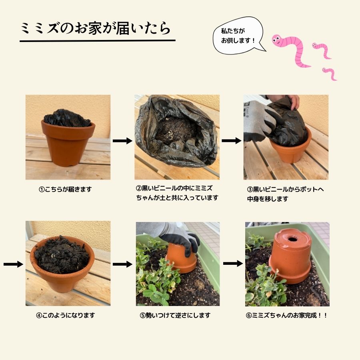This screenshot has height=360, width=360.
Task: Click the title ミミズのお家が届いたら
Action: click(x=96, y=29)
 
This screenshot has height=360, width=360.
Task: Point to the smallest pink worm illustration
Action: click(x=330, y=74)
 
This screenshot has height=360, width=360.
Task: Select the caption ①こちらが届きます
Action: click(x=65, y=189)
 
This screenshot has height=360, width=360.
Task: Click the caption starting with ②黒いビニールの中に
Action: click(x=176, y=193)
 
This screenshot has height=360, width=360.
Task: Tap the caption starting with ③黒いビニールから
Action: click(x=285, y=194)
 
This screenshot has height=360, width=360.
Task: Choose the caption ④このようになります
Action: click(x=66, y=315)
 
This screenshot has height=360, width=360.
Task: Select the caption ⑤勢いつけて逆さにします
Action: click(x=175, y=315)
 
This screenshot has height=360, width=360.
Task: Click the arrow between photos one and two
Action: click(x=122, y=141)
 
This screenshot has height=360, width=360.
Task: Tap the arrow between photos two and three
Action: click(x=231, y=141)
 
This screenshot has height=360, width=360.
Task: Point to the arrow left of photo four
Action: click(x=14, y=264)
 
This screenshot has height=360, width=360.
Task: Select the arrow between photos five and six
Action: click(x=233, y=263)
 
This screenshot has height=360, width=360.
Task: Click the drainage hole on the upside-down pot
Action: click(x=292, y=239)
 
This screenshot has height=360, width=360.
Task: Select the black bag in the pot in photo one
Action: click(x=67, y=118)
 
